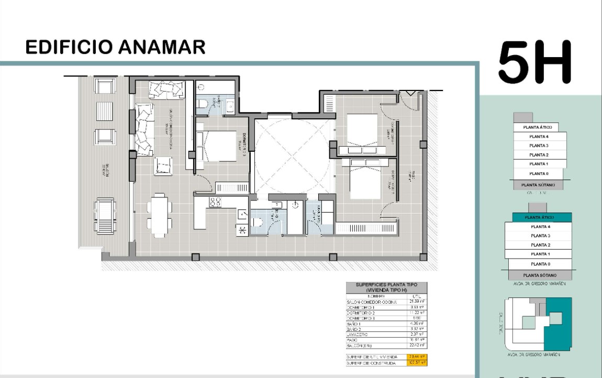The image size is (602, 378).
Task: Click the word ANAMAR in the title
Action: (x=160, y=47)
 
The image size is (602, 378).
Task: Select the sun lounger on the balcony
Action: (x=105, y=214)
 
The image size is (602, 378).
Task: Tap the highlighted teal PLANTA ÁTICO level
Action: (x=539, y=217)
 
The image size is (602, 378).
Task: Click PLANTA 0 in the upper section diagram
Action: (x=539, y=173)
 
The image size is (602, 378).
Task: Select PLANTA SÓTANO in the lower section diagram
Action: (x=539, y=275)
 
